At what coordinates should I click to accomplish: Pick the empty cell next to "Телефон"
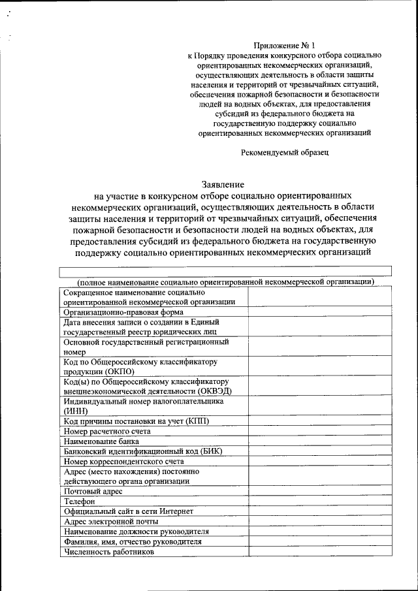pyautogui.click(x=319, y=502)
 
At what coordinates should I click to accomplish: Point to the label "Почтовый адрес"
pyautogui.click(x=94, y=491)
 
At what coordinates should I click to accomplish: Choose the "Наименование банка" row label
pyautogui.click(x=101, y=441)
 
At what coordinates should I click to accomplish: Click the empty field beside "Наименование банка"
pyautogui.click(x=319, y=441)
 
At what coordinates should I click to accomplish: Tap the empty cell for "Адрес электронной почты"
pyautogui.click(x=319, y=522)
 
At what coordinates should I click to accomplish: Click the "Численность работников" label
pyautogui.click(x=108, y=552)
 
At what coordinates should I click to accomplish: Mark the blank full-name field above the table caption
pyautogui.click(x=225, y=271)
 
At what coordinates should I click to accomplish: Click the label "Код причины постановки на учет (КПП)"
pyautogui.click(x=137, y=421)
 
